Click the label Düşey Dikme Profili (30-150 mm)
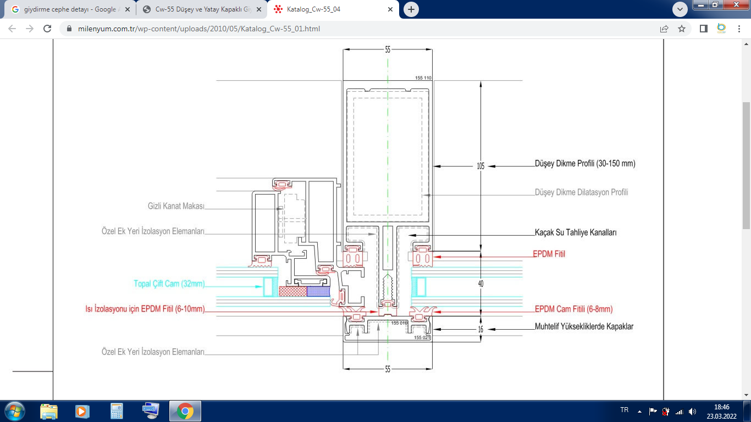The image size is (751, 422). pos(585,164)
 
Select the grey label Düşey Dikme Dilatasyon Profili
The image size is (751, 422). pos(581,192)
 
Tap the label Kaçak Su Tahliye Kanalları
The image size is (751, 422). pos(576,232)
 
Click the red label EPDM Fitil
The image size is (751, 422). pos(549,254)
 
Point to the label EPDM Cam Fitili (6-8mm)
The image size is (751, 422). pos(573,309)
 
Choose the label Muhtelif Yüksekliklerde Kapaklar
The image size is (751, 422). pos(584,326)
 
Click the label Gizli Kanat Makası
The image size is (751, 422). pos(176,206)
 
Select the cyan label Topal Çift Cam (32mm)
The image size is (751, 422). pos(169,284)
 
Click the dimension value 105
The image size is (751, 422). pos(481,165)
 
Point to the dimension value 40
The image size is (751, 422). pos(481,284)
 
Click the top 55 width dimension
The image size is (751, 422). pos(388,49)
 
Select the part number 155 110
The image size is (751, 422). pos(423,78)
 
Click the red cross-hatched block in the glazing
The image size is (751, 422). pos(292,291)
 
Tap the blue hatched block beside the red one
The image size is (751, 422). pos(317,291)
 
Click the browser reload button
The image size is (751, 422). pos(47,29)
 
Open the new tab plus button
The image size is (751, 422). pos(411,9)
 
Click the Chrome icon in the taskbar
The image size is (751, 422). pos(185,411)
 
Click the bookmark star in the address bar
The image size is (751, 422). pos(682,29)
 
